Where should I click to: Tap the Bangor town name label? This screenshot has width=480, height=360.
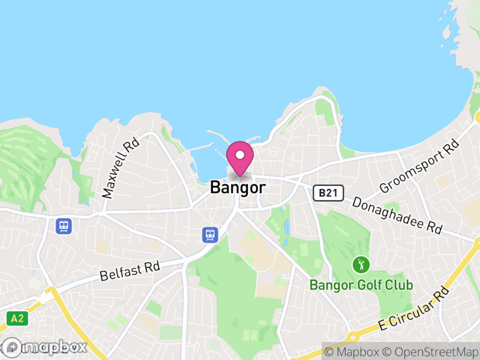click(x=238, y=188)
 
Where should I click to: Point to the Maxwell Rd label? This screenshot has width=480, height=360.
click(x=121, y=168)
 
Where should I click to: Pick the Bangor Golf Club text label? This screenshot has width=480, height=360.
click(x=361, y=285)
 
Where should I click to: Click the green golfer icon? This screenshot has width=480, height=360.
click(x=361, y=263)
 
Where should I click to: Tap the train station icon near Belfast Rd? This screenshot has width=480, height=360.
click(x=210, y=235)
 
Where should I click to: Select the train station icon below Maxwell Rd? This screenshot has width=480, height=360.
click(x=63, y=226)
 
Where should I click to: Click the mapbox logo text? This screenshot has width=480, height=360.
click(x=54, y=347)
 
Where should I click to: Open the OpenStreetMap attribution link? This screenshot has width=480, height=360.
click(x=430, y=352)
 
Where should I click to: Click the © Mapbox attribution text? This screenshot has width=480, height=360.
click(x=353, y=352)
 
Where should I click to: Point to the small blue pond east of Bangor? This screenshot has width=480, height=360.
click(x=287, y=227)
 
